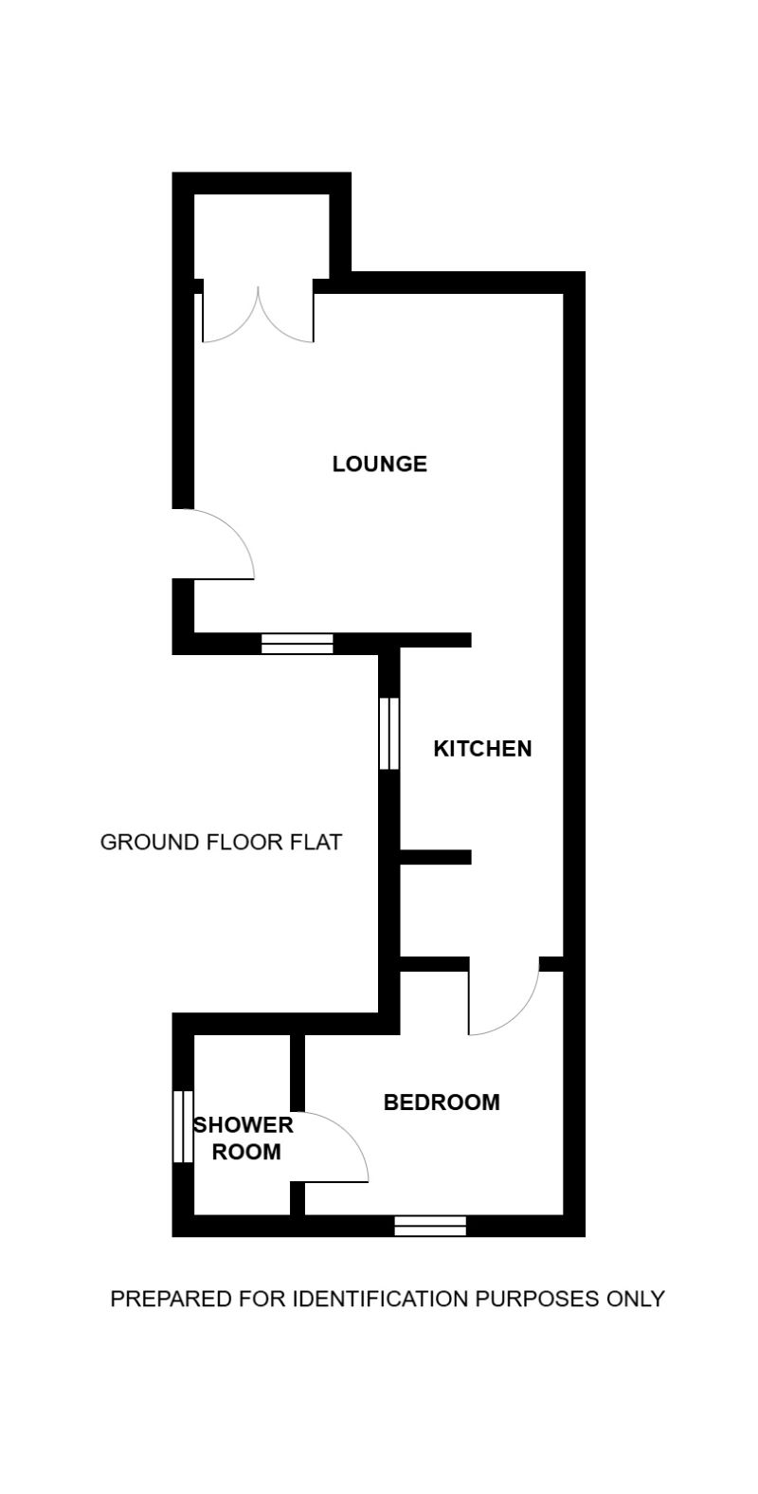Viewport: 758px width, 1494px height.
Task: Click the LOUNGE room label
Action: point(379,464)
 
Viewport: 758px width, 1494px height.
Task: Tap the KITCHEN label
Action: point(482,749)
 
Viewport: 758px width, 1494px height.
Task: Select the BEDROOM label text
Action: point(441,1102)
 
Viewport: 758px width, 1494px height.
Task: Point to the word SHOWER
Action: point(243,1125)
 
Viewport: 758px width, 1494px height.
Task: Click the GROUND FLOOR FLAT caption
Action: point(221,842)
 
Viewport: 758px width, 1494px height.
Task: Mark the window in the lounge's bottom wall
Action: point(298,645)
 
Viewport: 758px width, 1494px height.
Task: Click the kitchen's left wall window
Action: point(388,734)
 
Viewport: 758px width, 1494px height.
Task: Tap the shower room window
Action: point(182,1126)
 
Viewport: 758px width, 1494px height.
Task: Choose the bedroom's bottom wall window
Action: point(430,1226)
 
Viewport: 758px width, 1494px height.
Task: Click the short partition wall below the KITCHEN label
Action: point(435,857)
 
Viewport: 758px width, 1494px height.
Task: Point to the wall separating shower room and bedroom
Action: point(298,1071)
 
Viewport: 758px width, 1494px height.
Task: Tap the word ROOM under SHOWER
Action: point(246,1152)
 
